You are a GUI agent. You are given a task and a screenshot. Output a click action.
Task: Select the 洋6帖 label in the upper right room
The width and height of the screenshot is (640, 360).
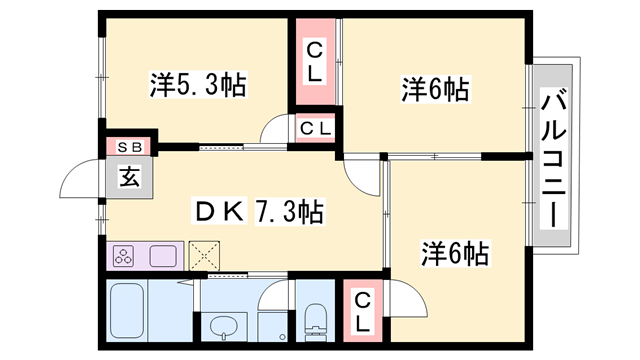(435, 89)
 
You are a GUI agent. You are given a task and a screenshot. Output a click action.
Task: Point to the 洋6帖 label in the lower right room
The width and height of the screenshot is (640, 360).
(455, 253)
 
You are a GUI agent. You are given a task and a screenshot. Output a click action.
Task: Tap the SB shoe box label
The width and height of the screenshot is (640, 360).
(130, 147)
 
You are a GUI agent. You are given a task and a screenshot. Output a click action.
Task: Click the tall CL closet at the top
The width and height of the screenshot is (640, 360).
(315, 61)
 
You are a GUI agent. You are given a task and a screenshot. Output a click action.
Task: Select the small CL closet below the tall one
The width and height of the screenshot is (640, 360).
(315, 128)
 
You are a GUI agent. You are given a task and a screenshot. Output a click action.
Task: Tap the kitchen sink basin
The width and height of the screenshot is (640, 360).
(162, 255)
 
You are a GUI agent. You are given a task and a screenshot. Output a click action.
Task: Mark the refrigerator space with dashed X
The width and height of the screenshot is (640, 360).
(206, 255)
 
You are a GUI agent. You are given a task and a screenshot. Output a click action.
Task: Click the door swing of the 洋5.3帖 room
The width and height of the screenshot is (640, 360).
(275, 132)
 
